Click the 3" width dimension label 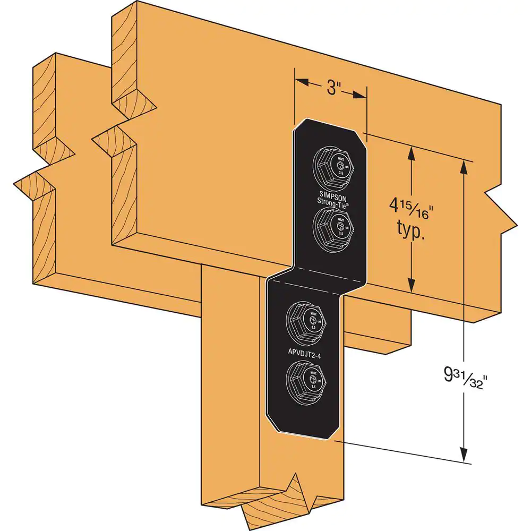click(333, 88)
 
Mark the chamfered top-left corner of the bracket click(299, 126)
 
